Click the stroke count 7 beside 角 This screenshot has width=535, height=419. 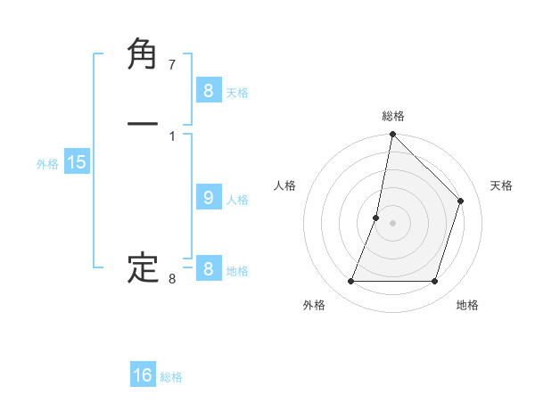pos(172,65)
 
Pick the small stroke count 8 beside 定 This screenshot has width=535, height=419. pos(172,279)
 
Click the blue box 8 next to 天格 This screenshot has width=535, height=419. pos(208,91)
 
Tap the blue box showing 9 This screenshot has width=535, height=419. pos(208,198)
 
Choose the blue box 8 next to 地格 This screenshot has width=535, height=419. pos(208,269)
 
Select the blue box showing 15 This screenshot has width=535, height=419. pos(77,162)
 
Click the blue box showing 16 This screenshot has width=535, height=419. pos(143,375)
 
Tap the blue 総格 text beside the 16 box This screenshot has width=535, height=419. pos(172,377)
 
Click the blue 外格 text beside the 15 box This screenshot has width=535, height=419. pos(47,164)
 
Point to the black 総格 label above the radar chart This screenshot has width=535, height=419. pos(393,116)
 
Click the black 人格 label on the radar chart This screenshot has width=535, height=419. pos(284,185)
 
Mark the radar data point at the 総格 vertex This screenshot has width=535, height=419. pos(392,134)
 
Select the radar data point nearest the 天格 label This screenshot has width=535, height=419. pos(461,201)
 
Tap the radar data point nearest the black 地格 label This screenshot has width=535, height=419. pos(434,282)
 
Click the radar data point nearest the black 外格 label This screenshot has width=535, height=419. pos(350,282)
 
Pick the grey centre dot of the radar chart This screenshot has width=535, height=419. pos(392,223)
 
